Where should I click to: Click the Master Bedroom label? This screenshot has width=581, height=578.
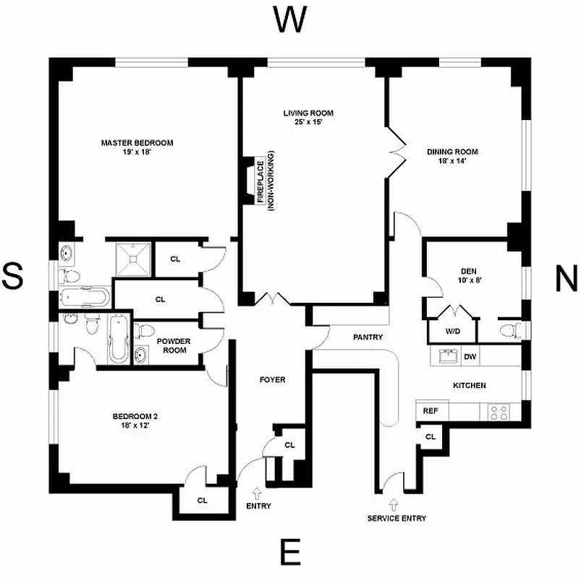click(x=137, y=147)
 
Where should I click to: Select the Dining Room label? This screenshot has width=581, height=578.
click(x=452, y=156)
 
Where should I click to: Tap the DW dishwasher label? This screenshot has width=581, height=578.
click(x=470, y=356)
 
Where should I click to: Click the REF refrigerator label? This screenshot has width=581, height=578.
click(x=430, y=411)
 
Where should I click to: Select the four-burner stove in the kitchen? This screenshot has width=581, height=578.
click(x=499, y=412)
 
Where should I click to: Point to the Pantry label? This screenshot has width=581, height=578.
click(x=368, y=337)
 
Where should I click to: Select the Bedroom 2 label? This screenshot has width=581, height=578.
click(x=135, y=420)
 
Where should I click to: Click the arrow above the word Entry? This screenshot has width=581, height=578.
click(x=258, y=491)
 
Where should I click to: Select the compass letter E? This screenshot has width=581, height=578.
click(x=290, y=553)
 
